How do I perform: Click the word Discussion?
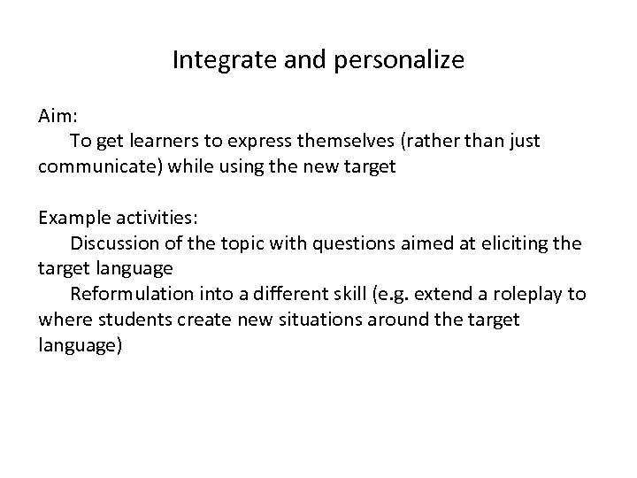[x=115, y=243]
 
